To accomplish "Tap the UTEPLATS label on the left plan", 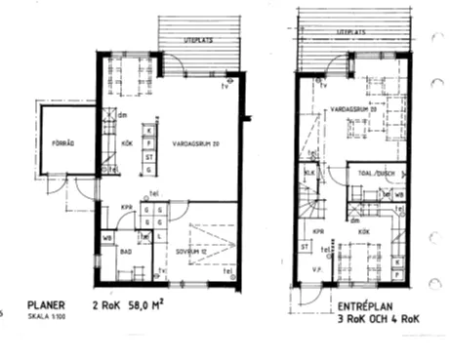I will click(199, 39).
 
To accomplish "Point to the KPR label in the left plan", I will click(126, 208).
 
